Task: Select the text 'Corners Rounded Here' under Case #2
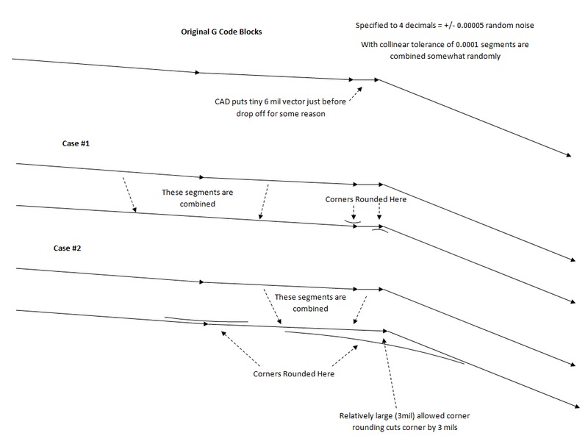pos(294,373)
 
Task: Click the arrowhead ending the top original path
pos(569,154)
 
